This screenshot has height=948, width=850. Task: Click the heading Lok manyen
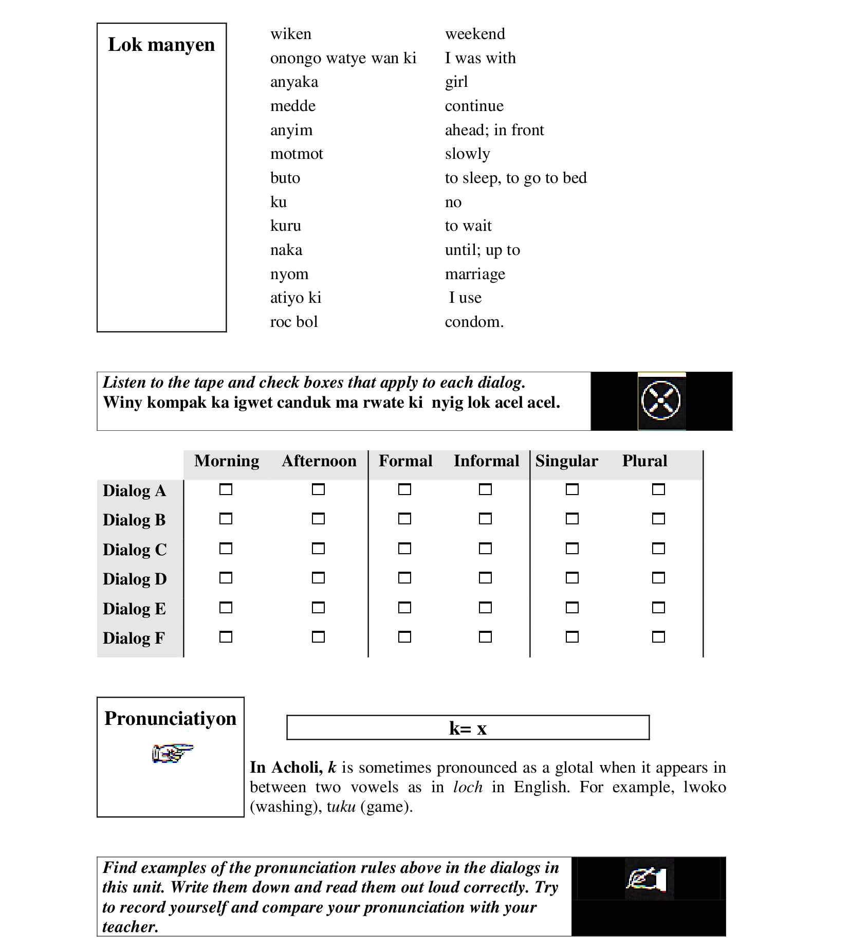click(161, 45)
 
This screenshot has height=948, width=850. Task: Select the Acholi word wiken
click(291, 34)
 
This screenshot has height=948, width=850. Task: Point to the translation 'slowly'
click(467, 154)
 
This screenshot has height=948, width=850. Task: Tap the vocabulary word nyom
click(289, 274)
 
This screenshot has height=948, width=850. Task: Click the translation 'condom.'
click(474, 322)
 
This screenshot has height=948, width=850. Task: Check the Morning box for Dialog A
click(226, 489)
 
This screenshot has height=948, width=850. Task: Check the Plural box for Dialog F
click(658, 637)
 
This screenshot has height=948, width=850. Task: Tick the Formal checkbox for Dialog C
click(404, 549)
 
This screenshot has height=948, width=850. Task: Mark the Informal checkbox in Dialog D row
click(485, 578)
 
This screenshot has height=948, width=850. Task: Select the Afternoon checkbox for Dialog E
click(318, 608)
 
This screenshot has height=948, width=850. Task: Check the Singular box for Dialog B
click(572, 519)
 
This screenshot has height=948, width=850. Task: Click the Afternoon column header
click(319, 461)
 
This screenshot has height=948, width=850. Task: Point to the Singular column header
click(566, 461)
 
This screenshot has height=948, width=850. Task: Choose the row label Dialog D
click(135, 579)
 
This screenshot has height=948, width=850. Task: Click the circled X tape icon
click(661, 400)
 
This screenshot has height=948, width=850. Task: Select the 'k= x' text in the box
click(468, 728)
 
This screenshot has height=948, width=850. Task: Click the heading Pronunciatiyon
click(170, 718)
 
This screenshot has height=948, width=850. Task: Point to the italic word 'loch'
click(468, 787)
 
